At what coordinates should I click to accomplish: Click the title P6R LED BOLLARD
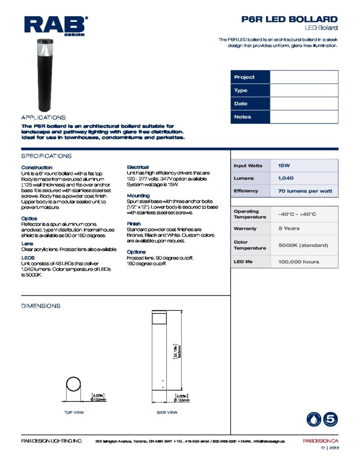click(x=289, y=19)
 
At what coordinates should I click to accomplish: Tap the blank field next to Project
click(x=304, y=77)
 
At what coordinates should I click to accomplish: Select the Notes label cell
click(x=250, y=117)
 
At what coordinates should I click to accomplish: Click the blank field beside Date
click(x=304, y=103)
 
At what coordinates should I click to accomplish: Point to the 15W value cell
click(x=304, y=165)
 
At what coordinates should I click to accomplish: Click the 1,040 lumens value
click(x=304, y=178)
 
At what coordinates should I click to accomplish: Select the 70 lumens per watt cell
click(x=304, y=191)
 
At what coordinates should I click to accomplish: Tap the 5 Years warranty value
click(x=304, y=228)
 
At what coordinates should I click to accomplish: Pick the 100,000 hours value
click(x=304, y=261)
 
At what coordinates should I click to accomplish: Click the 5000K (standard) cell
click(x=304, y=245)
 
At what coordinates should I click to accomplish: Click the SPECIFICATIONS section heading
click(x=46, y=156)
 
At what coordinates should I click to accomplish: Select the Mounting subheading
click(x=138, y=196)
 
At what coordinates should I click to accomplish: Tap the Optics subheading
click(x=29, y=218)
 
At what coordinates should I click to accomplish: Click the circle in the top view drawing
click(x=74, y=385)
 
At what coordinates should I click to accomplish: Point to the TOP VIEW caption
click(x=74, y=412)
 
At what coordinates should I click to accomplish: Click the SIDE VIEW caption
click(x=167, y=412)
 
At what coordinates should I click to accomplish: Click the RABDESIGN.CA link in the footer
click(x=320, y=441)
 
